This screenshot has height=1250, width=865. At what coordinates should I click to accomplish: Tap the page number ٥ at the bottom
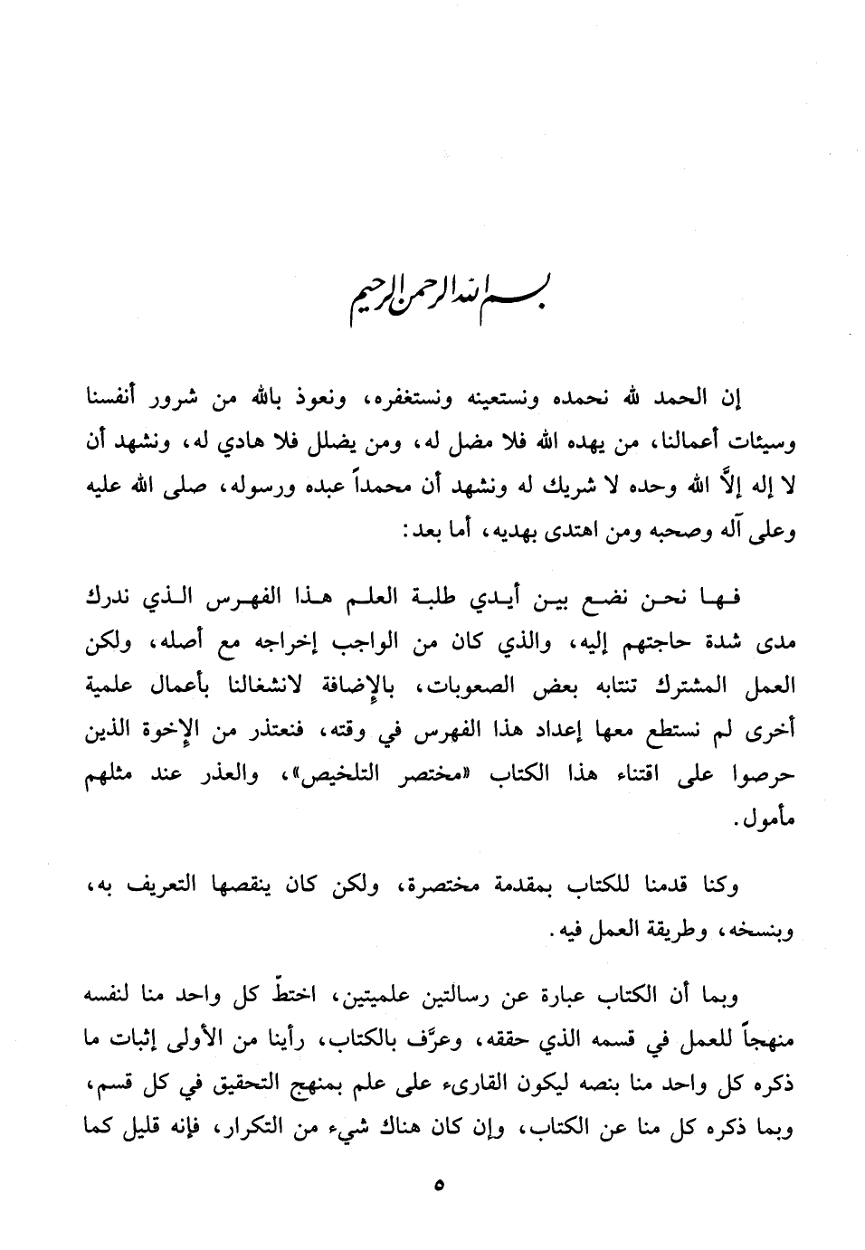[x=439, y=1184]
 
